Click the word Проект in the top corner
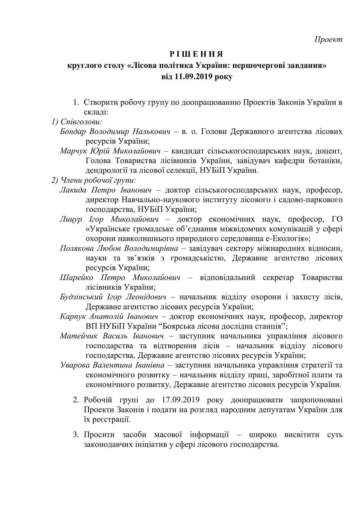pos(328,39)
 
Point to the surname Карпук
pos(73,317)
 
